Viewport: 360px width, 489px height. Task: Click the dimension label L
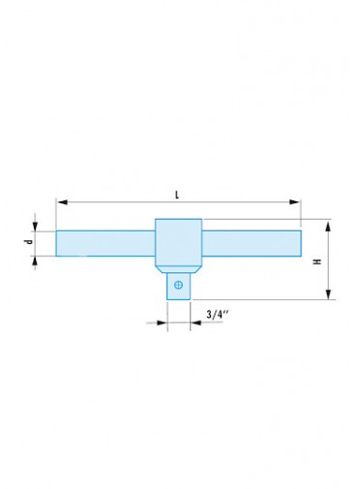tap(177, 195)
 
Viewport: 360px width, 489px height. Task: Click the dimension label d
tap(29, 241)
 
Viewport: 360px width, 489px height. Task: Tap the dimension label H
tap(318, 261)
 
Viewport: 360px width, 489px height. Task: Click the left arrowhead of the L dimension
tap(62, 202)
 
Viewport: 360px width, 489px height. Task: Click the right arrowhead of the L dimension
tap(294, 202)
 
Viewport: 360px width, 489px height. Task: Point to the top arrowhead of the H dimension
tap(328, 226)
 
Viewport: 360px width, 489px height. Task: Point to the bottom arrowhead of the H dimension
tap(328, 294)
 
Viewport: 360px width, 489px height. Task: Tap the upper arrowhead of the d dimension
tap(35, 226)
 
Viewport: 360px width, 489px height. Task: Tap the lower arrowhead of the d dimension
tap(35, 261)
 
